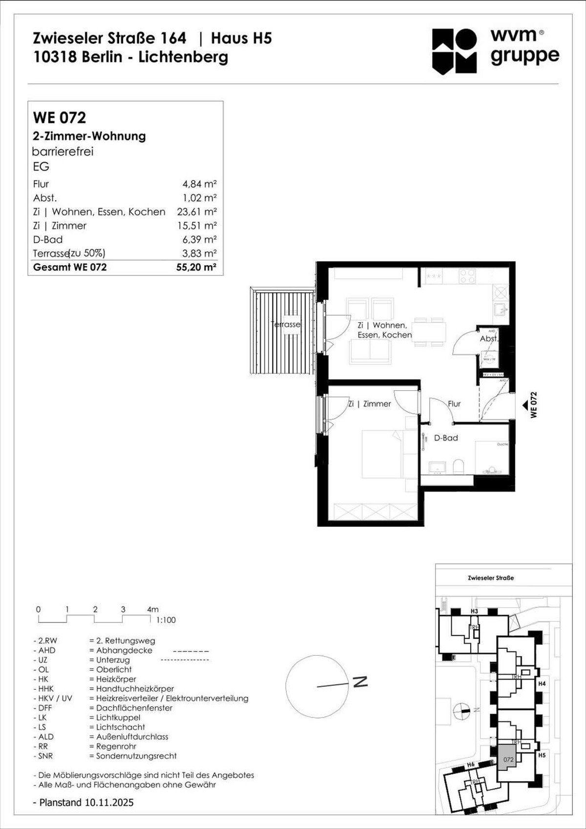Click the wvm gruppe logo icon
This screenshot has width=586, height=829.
pos(454,51)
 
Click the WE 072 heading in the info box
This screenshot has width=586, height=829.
pos(60,118)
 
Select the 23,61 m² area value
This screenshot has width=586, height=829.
pos(197,212)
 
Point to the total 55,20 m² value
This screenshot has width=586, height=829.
pos(196,267)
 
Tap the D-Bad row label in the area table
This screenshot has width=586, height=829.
pos(48,239)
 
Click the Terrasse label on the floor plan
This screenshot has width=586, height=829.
pos(286,324)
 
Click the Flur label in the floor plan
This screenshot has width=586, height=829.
pos(454,404)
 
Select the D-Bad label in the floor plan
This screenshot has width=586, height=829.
pos(446,438)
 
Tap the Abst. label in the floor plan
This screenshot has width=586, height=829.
pos(489,339)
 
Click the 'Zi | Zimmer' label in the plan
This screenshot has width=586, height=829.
pos(370,404)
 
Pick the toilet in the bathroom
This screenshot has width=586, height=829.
pos(458,466)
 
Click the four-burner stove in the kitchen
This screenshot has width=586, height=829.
pos(467,276)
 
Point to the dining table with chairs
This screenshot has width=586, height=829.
pos(429,332)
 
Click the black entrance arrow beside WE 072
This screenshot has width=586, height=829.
pos(525,405)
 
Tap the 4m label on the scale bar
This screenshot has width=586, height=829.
pos(152,609)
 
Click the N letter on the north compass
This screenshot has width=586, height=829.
pos(360,682)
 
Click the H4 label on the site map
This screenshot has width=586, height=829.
pos(542,684)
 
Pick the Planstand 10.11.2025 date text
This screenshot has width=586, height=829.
pos(86,802)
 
